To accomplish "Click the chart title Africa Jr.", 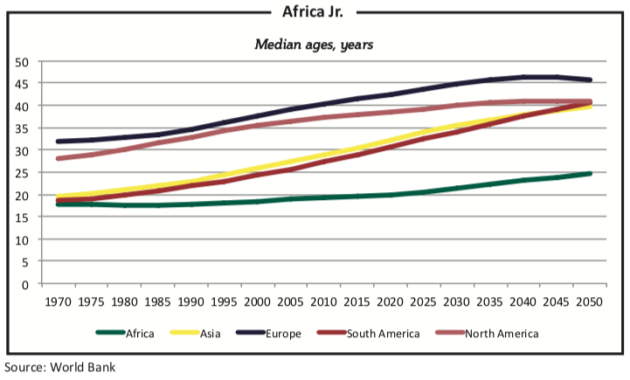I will (x=315, y=11).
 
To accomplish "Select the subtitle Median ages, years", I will (x=314, y=44).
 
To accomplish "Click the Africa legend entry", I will (x=140, y=333).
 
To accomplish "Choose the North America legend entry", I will (x=502, y=333).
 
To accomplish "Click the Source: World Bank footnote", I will (x=59, y=367).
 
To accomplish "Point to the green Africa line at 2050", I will (x=589, y=174).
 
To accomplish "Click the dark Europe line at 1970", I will (x=58, y=142).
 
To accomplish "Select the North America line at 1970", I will (x=58, y=158).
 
